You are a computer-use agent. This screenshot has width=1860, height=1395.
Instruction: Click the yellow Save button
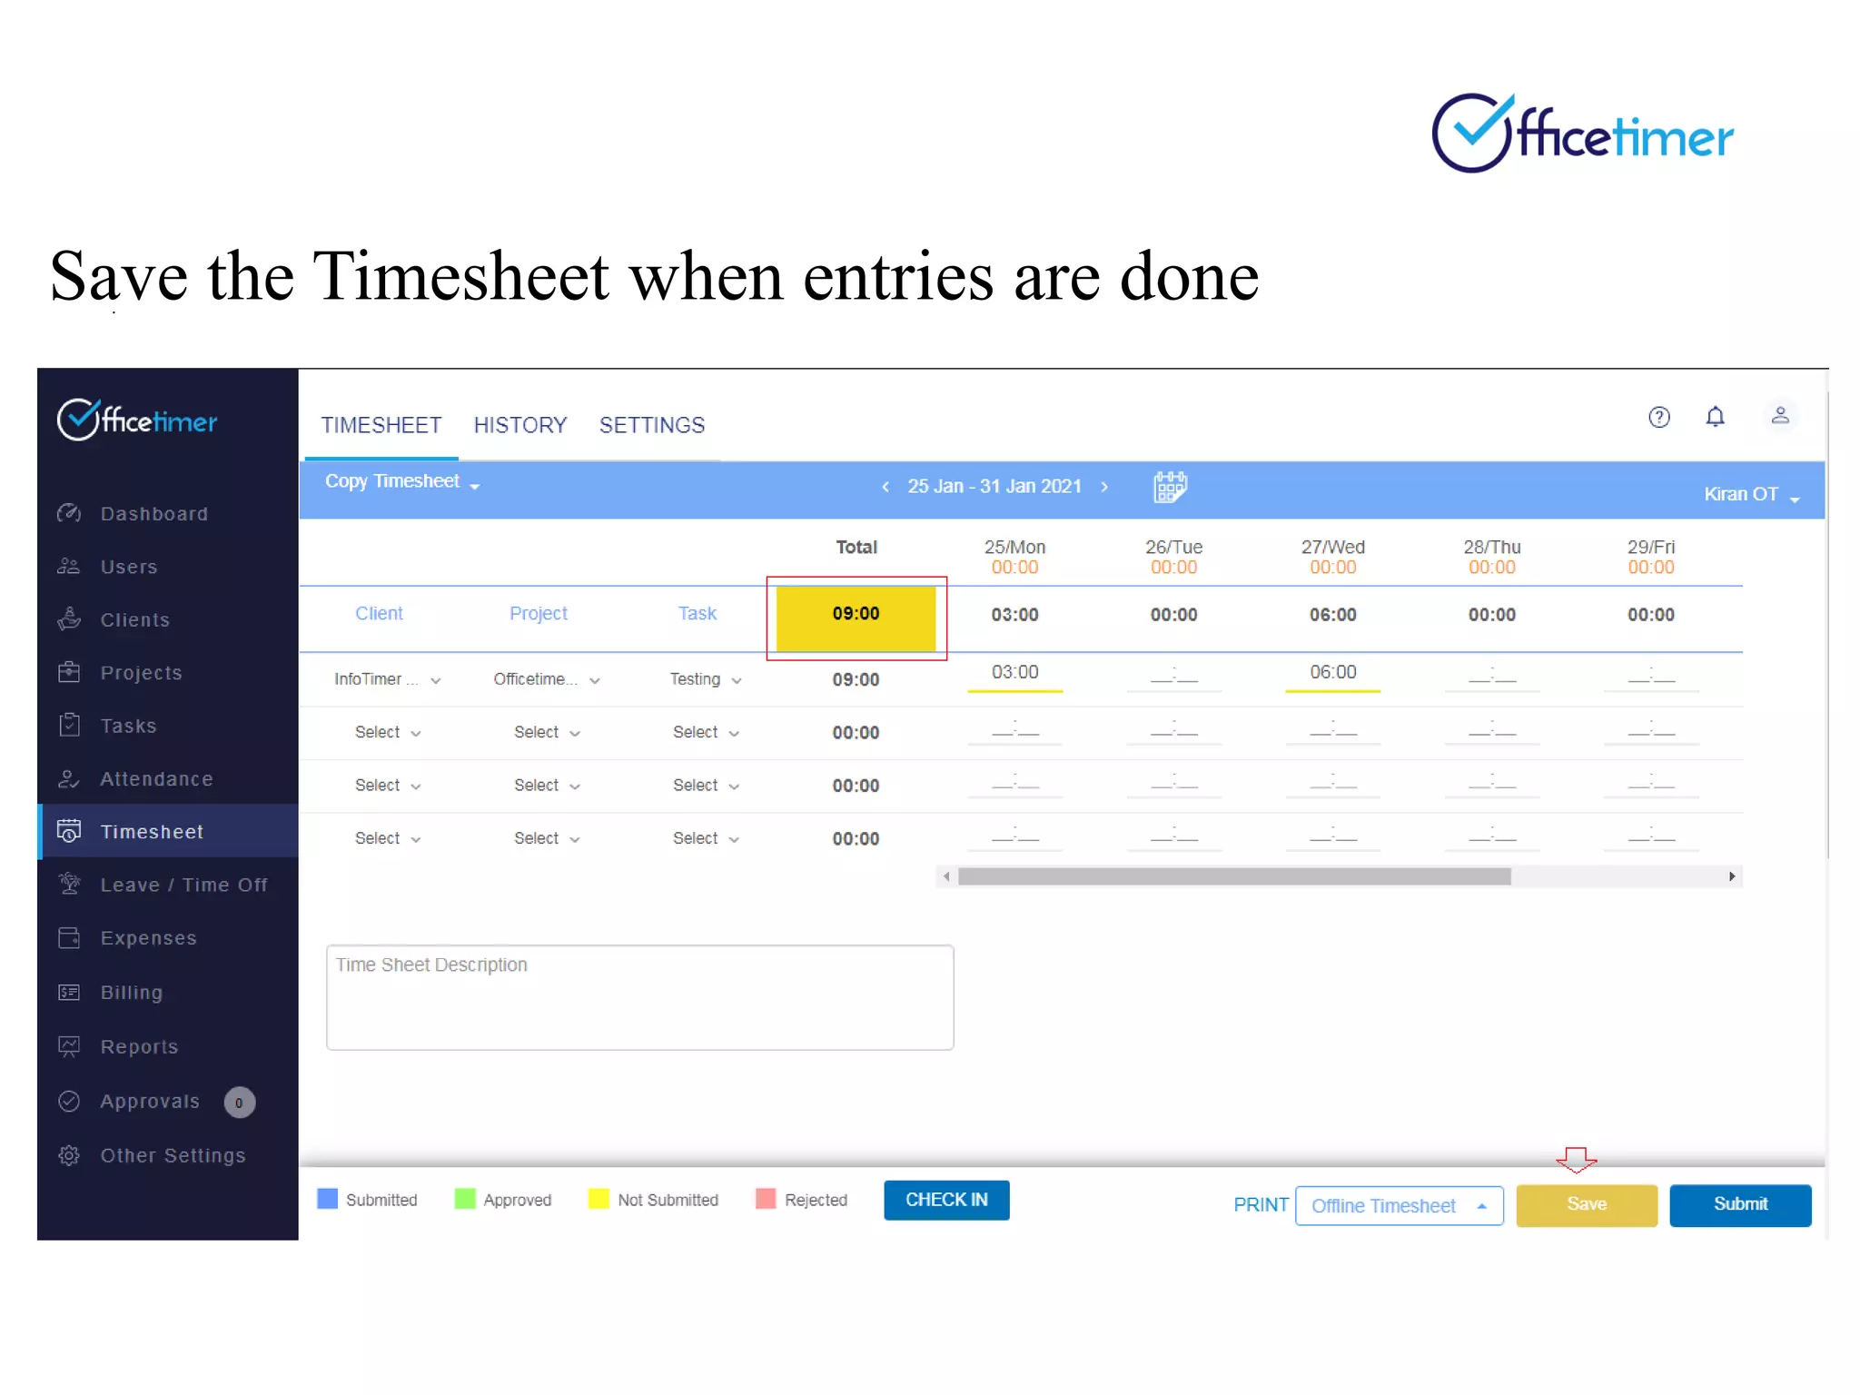coord(1586,1204)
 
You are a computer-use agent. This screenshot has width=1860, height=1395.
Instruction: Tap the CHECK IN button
coord(945,1200)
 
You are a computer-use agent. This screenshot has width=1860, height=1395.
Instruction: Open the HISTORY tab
coord(519,425)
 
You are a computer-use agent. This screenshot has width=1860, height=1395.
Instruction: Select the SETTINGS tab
coord(651,425)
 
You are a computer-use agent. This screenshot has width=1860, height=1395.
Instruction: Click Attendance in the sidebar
coord(155,778)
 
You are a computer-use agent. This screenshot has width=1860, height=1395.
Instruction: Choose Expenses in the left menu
coord(148,938)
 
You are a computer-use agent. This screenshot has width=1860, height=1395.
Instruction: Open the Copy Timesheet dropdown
coord(401,482)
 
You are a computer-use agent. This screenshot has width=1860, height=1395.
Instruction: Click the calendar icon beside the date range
coord(1170,487)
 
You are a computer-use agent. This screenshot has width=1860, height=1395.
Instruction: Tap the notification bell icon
coord(1715,417)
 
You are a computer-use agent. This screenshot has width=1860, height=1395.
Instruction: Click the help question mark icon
coord(1658,417)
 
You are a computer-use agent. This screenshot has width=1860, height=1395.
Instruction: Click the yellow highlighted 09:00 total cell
coord(856,615)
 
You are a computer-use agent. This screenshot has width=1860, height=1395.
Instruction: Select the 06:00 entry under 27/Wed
coord(1332,673)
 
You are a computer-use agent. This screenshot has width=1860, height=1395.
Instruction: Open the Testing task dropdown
coord(706,679)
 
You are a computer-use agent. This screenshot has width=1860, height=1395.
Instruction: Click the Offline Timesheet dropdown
coord(1398,1206)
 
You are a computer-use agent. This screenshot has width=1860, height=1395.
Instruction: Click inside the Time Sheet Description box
coord(639,997)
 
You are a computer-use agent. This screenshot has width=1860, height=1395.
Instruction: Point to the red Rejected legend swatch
coord(766,1199)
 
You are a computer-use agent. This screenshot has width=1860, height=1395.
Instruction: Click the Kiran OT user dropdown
coord(1750,495)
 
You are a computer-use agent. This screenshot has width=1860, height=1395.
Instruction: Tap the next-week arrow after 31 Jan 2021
coord(1104,487)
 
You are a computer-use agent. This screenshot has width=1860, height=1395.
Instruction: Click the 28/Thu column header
coord(1491,548)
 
